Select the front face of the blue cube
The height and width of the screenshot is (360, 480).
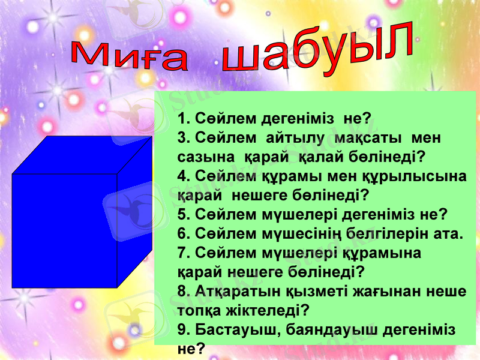(x=64, y=231)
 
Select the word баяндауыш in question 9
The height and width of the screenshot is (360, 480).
(x=334, y=329)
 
